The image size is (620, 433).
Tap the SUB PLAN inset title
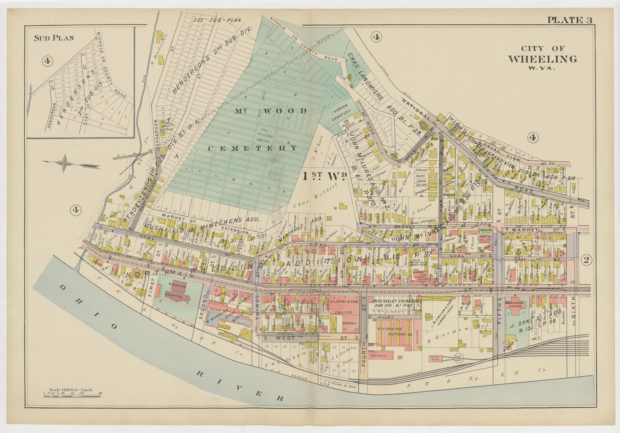coord(54,38)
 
